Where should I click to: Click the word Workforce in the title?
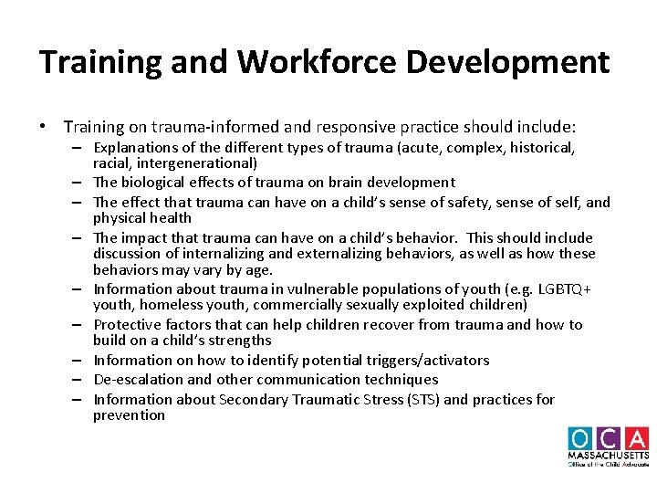[298, 62]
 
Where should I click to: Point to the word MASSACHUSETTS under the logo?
[608, 455]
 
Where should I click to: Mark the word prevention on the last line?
[129, 415]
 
